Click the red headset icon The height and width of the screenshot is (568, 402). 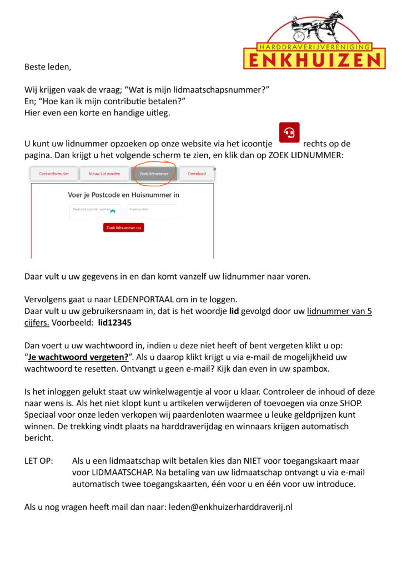pos(289,133)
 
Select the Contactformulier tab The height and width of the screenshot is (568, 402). pos(54,174)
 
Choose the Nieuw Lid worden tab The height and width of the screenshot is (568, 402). pos(104,174)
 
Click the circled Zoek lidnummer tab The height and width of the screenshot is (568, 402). pos(154,174)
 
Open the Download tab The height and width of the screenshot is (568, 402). pos(197,174)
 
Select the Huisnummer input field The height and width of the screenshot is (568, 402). pos(152,211)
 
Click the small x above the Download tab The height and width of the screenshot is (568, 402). pos(214,169)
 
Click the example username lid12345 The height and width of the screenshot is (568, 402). pos(115,322)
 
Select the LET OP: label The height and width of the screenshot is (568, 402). pos(39,461)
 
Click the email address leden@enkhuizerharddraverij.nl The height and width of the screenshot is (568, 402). pos(230,507)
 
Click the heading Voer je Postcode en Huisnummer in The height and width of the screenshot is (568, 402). pos(123,195)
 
